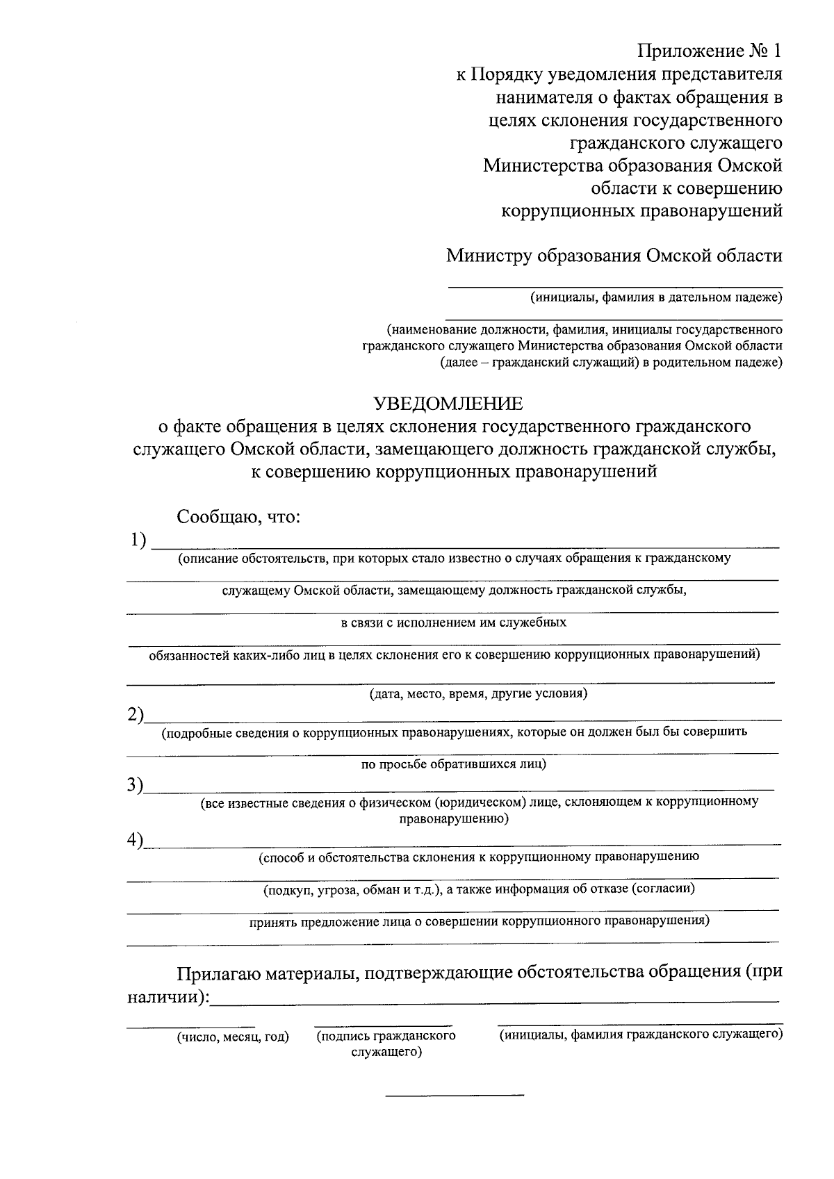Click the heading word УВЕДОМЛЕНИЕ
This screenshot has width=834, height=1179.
tap(449, 404)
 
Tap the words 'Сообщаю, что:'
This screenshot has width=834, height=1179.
tap(238, 517)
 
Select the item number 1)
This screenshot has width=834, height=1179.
tap(138, 541)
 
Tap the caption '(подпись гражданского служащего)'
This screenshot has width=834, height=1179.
tap(386, 1043)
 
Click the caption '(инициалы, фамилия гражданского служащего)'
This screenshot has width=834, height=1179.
tap(641, 1034)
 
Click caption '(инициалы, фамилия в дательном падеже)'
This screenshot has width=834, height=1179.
tap(656, 297)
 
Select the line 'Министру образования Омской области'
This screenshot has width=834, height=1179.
tap(614, 256)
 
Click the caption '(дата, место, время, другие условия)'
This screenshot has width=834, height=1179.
tap(478, 693)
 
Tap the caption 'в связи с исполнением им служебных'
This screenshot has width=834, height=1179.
tap(453, 623)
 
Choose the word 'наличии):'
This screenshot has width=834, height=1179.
tap(167, 997)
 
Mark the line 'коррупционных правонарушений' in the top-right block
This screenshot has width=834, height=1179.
tap(641, 211)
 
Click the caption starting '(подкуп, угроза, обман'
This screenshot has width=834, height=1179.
tap(478, 889)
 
